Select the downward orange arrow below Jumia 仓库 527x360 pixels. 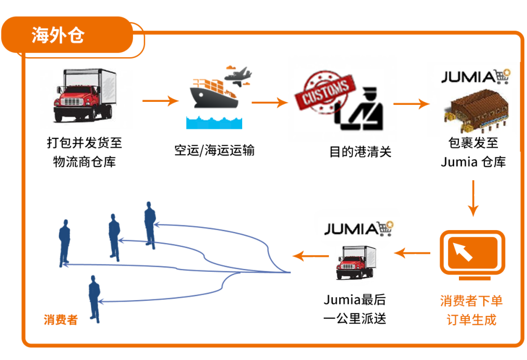point(472,198)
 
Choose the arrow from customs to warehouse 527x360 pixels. point(411,104)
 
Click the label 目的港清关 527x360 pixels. point(360,152)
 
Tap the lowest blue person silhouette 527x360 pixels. point(94,299)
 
